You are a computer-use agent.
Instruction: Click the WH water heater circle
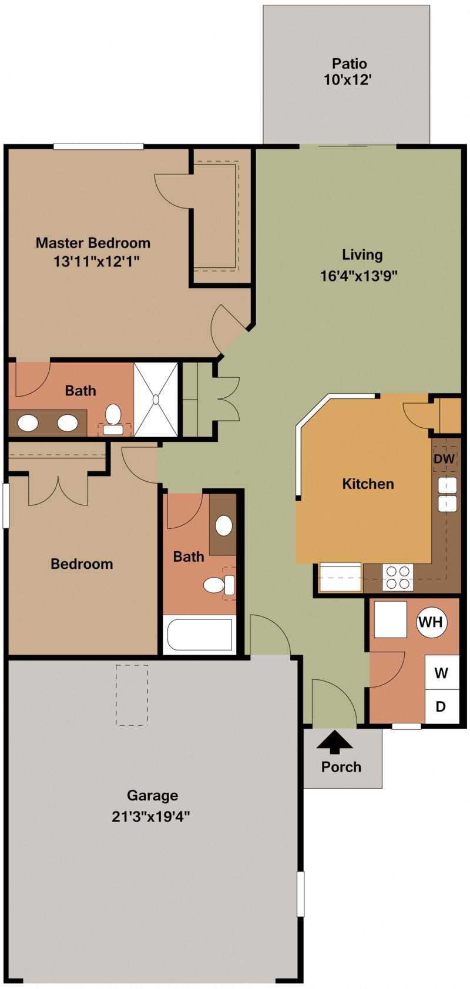click(x=431, y=622)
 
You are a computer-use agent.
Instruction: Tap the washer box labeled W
click(x=441, y=672)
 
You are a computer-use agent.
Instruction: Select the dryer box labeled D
click(x=441, y=706)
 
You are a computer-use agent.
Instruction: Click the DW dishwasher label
click(x=444, y=459)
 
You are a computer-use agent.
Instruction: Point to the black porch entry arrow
click(x=335, y=742)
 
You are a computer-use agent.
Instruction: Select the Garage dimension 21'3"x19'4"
click(x=151, y=816)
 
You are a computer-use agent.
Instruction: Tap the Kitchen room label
click(x=368, y=484)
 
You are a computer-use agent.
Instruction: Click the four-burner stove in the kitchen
click(x=398, y=577)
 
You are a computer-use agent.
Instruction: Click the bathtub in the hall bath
click(x=199, y=635)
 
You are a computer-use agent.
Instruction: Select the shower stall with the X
click(x=156, y=400)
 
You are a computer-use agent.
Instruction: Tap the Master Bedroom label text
click(x=93, y=243)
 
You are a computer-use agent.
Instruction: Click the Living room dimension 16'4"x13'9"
click(x=359, y=276)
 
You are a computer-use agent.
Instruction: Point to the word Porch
click(x=341, y=767)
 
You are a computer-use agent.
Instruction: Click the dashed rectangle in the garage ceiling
click(x=132, y=695)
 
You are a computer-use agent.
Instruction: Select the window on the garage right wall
click(x=300, y=894)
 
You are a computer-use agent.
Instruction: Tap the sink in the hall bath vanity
click(x=224, y=525)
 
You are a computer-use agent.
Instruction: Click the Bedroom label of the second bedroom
click(x=82, y=564)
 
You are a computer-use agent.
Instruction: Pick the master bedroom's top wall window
click(x=98, y=146)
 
